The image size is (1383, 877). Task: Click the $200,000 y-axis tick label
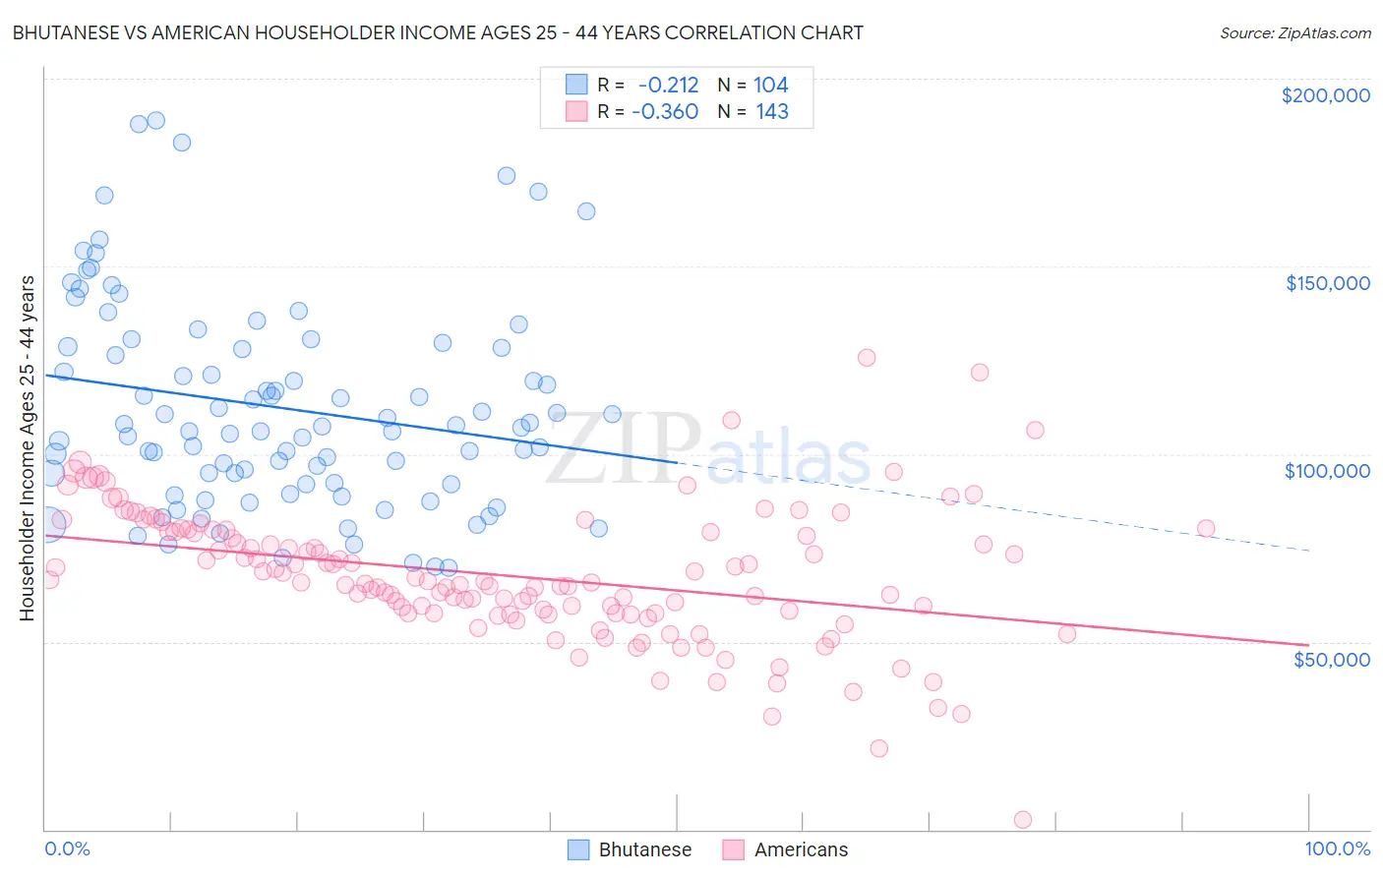click(1325, 95)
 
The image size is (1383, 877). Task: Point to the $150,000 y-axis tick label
click(1327, 283)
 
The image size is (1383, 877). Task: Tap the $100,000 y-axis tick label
click(1327, 471)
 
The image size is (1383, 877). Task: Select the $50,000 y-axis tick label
click(1331, 659)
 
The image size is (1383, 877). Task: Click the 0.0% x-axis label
click(67, 849)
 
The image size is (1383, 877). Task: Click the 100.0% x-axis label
click(1337, 849)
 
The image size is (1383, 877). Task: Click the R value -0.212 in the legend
click(668, 85)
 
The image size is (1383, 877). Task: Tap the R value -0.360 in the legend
click(666, 111)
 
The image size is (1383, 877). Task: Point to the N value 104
click(770, 85)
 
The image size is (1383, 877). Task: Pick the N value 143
click(771, 111)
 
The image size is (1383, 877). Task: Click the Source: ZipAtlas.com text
click(1294, 32)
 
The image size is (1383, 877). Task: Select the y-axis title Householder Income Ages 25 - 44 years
click(28, 448)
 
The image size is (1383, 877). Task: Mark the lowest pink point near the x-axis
click(1022, 820)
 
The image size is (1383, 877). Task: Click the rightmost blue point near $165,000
click(586, 211)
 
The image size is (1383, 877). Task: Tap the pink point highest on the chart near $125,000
click(867, 358)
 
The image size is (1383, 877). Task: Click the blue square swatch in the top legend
click(576, 85)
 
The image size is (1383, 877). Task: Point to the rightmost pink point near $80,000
click(1205, 529)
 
